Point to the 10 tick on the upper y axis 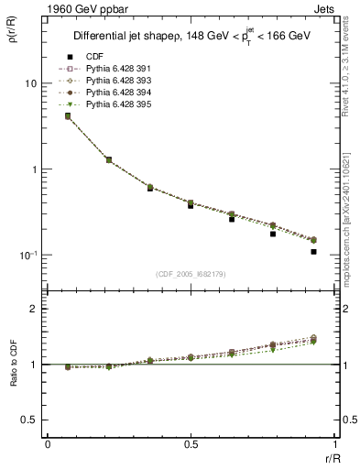pos(30,83)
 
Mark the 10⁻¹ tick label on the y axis pos(27,255)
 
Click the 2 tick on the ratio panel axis pos(34,310)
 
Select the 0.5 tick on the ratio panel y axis pos(27,420)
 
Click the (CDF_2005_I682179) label pos(191,274)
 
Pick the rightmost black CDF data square pos(313,251)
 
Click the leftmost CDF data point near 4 pos(68,116)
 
